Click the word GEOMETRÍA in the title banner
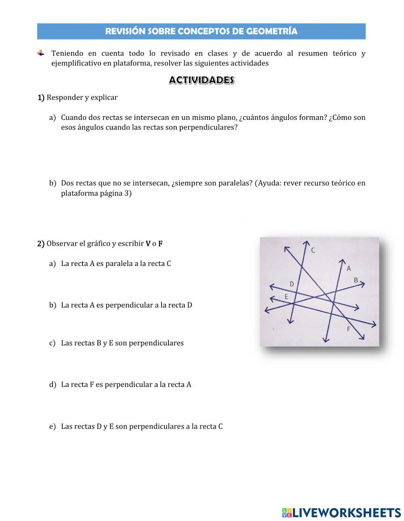click(x=271, y=31)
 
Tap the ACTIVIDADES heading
click(x=202, y=80)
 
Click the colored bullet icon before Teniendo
click(x=41, y=53)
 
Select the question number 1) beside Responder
click(x=41, y=98)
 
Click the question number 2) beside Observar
click(x=41, y=244)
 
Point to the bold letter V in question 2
click(x=148, y=244)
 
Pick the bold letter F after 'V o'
click(x=160, y=244)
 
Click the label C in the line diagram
click(x=313, y=250)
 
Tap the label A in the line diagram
click(x=349, y=268)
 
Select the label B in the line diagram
click(x=356, y=280)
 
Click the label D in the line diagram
click(x=292, y=284)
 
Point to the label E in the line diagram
click(x=286, y=297)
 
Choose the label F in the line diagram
click(x=349, y=329)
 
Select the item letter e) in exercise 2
click(x=53, y=427)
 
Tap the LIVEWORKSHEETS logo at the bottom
click(x=341, y=513)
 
